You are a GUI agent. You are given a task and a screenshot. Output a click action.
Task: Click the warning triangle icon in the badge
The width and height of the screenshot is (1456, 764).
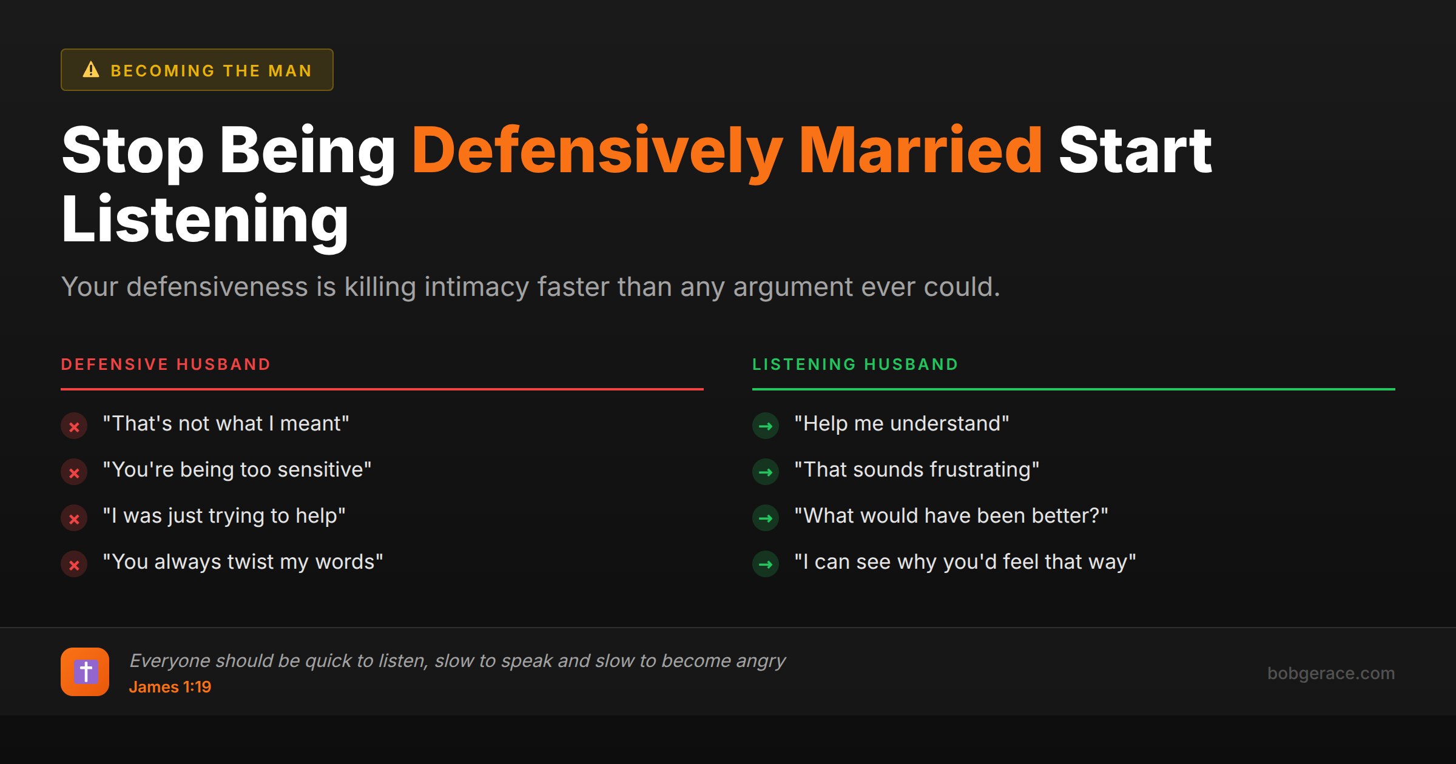[91, 70]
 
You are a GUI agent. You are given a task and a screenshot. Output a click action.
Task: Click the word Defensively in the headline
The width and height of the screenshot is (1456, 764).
[598, 150]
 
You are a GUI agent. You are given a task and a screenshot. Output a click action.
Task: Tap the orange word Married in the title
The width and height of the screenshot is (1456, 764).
[920, 150]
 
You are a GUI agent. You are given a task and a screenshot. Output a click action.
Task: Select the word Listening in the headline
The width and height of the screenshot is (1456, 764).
[205, 219]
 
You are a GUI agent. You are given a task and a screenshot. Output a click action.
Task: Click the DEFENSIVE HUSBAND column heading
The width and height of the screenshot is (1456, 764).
[166, 364]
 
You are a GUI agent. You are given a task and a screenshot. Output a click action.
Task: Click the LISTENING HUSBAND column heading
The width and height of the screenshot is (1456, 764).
[855, 364]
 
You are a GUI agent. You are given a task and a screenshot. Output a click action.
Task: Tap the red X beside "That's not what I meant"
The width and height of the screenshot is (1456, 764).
[74, 426]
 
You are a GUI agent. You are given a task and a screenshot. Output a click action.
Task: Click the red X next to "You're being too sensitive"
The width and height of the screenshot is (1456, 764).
[74, 472]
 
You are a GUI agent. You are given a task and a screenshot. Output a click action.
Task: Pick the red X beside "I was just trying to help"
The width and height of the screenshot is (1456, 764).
[74, 518]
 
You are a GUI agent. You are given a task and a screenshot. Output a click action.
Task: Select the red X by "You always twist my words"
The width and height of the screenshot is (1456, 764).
[74, 565]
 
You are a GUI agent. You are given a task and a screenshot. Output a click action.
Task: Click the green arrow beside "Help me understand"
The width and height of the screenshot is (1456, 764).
[766, 426]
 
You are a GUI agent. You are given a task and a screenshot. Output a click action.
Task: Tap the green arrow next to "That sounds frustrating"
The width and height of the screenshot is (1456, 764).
[766, 472]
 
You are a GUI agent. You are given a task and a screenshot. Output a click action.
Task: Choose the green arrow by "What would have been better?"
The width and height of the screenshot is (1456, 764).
[766, 518]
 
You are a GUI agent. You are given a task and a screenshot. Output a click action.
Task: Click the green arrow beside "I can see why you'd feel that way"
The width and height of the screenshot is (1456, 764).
[766, 565]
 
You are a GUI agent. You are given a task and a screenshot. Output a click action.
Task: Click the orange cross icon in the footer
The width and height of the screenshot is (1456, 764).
[85, 672]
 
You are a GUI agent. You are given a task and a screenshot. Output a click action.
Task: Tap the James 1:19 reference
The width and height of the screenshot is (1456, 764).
[170, 687]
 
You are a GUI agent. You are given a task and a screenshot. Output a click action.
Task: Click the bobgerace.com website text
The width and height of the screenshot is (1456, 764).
[1331, 673]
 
